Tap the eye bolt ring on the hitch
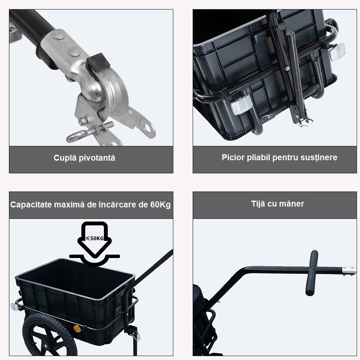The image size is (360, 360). coord(74,137)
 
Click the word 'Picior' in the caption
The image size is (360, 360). coord(233,158)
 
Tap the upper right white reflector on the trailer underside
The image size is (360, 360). coord(337,52)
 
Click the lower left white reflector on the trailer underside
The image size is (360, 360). coord(242,105)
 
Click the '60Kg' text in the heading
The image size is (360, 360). coord(160,204)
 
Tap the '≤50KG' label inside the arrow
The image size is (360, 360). coord(94,238)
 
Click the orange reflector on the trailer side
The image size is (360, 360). coord(77,329)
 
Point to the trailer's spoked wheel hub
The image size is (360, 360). coord(45,346)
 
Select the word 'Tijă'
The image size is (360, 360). coord(258,204)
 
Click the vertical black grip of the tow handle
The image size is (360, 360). coord(312,273)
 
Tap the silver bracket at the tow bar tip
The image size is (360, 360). coord(349,270)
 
